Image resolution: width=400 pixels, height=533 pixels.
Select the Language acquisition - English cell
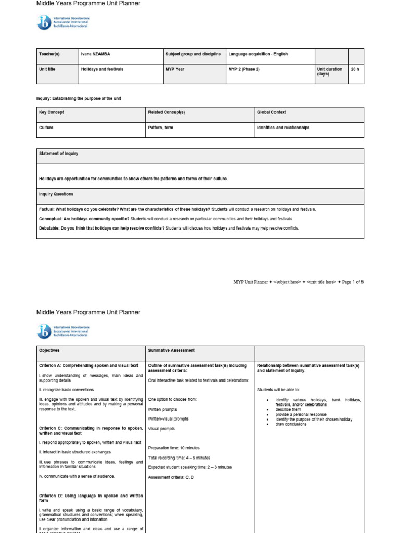[x=258, y=54]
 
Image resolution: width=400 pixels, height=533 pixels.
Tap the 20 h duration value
[x=355, y=69]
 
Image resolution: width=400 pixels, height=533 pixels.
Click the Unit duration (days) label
[x=329, y=71]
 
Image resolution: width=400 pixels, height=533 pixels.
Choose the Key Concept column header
[x=52, y=112]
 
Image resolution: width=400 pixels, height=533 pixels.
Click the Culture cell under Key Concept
[x=46, y=128]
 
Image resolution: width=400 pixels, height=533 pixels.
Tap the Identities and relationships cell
[x=283, y=128]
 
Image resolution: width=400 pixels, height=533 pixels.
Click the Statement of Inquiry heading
[x=58, y=154]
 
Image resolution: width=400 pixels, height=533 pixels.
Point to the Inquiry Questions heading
[x=56, y=194]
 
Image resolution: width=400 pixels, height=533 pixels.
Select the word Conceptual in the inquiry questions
[x=51, y=219]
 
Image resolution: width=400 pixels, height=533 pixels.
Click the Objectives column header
[x=49, y=351]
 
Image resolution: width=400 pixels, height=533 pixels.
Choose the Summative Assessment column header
[x=171, y=351]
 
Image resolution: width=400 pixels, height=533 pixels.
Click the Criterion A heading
[x=89, y=366]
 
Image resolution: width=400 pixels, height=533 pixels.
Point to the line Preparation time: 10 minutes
[x=174, y=448]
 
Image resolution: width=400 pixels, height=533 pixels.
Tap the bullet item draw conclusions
[x=291, y=424]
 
